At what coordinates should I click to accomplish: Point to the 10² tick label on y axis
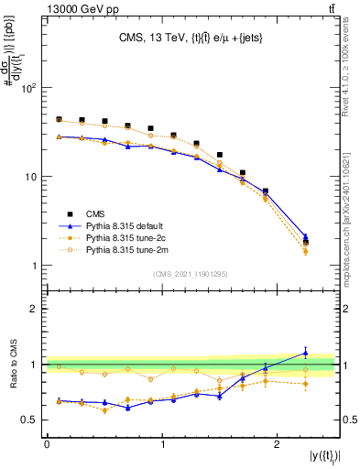[x=29, y=88]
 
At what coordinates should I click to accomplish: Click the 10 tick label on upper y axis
[x=32, y=177]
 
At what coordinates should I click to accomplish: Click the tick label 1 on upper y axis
[x=36, y=266]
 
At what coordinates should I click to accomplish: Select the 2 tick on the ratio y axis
[x=36, y=309]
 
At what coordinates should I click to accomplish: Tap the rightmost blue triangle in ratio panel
[x=305, y=352]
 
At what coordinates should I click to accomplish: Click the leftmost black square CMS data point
[x=59, y=120]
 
